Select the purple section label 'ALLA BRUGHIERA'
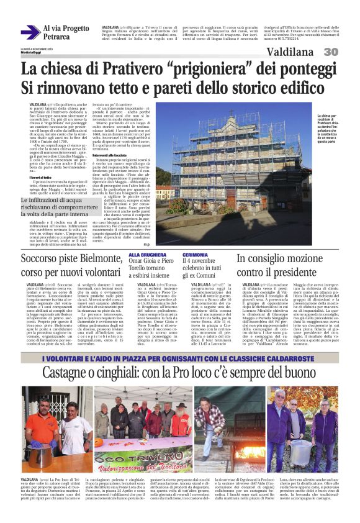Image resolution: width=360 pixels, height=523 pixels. pyautogui.click(x=143, y=255)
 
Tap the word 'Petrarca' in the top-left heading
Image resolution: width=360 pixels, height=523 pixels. pyautogui.click(x=56, y=37)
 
